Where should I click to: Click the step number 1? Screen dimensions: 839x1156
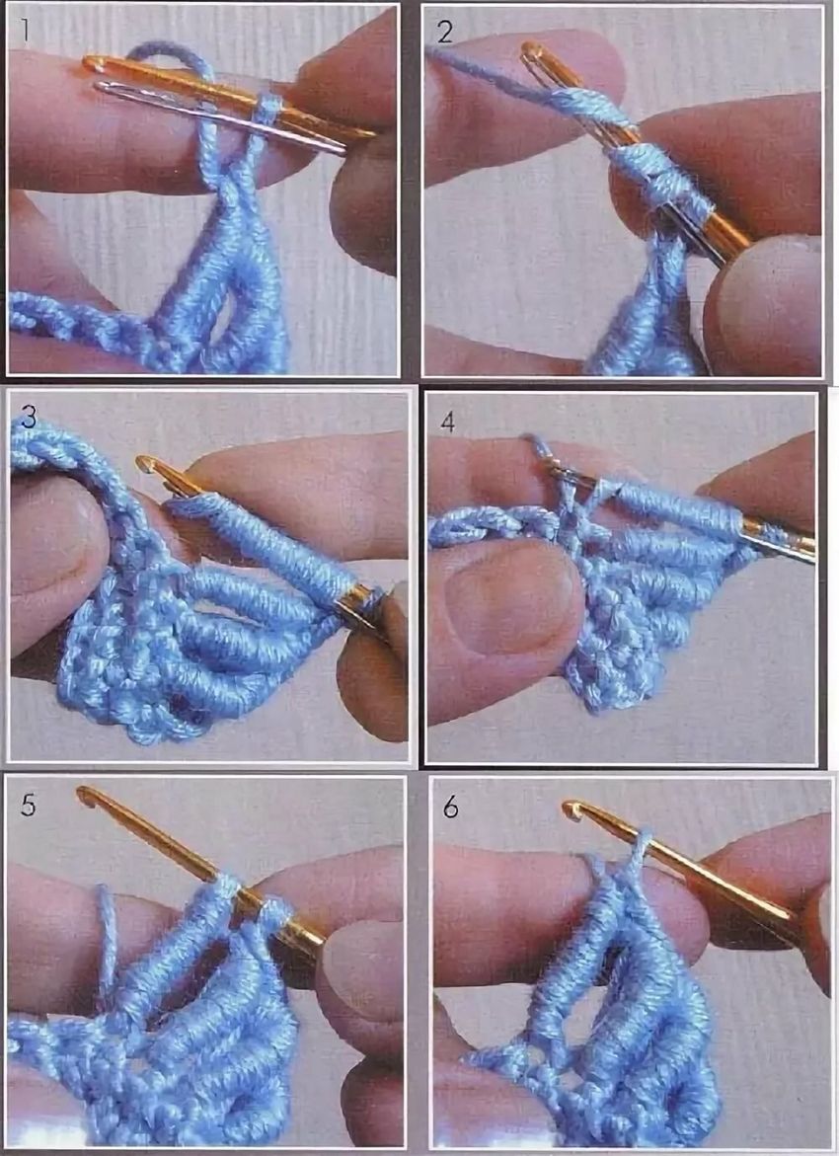coord(25,32)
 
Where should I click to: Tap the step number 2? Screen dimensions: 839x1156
coord(444,33)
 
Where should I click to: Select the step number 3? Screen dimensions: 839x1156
coord(28,418)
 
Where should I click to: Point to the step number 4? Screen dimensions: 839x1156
coord(447,423)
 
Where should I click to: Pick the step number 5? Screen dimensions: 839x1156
coord(28,806)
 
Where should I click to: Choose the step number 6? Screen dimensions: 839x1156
coord(450,808)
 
